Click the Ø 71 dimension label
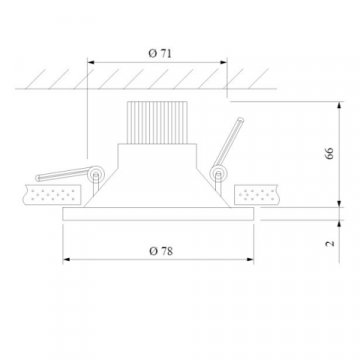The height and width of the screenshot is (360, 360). (160, 53)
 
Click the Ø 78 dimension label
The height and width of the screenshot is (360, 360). (161, 251)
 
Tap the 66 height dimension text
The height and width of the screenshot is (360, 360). (329, 153)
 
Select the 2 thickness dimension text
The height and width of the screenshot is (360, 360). (330, 243)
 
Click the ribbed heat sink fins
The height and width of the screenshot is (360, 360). (157, 122)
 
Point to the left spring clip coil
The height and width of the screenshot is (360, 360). (96, 174)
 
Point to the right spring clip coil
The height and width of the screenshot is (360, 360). (218, 174)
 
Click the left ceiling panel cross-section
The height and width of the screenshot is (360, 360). (52, 195)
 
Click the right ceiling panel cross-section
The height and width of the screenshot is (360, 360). (257, 195)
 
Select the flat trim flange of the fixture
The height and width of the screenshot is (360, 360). (158, 214)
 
